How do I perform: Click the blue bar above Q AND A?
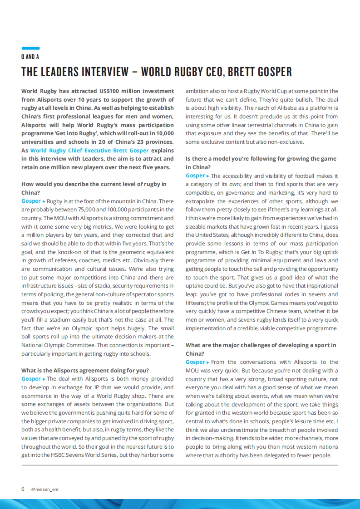pyautogui.click(x=30, y=48)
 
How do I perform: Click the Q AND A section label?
pyautogui.click(x=30, y=57)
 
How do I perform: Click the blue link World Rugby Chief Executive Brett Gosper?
pyautogui.click(x=89, y=150)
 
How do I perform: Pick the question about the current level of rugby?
pyautogui.click(x=94, y=188)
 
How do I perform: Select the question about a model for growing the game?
pyautogui.click(x=261, y=162)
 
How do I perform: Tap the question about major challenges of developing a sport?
pyautogui.click(x=261, y=349)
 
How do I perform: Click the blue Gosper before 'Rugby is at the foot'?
pyautogui.click(x=31, y=201)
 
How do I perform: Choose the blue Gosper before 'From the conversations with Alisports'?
pyautogui.click(x=195, y=362)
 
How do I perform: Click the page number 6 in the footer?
pyautogui.click(x=23, y=489)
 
